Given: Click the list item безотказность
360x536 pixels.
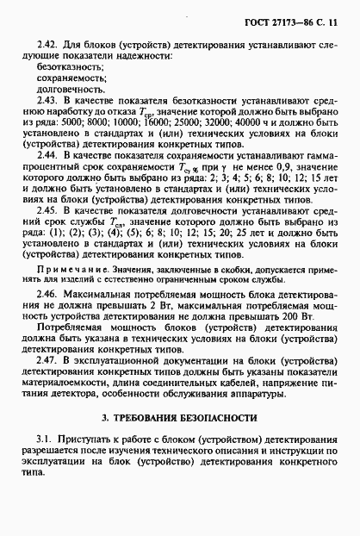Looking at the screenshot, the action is coord(70,65).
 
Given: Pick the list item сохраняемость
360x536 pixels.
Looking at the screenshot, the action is coord(71,78).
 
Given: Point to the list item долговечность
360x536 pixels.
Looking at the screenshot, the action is coord(70,90).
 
